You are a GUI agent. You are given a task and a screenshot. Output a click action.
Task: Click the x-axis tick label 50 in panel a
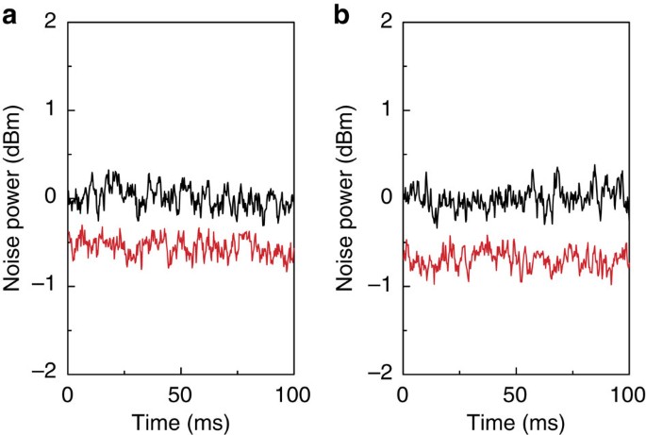[180, 394]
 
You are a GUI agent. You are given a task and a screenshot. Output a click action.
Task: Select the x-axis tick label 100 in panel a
[293, 394]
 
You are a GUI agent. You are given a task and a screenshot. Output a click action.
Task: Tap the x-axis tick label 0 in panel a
[67, 394]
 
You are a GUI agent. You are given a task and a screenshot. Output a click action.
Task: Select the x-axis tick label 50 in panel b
[515, 394]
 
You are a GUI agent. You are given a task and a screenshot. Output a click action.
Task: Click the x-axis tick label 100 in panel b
[626, 394]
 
